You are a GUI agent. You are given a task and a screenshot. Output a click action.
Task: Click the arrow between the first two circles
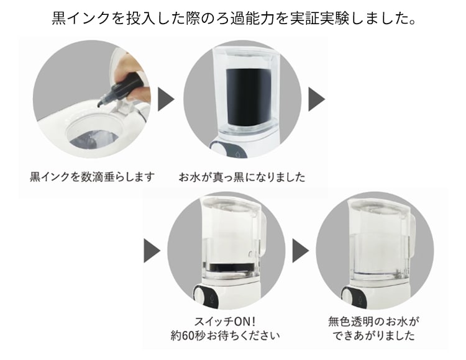click(166, 99)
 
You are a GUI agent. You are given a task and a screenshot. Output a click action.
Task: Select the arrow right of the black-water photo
click(316, 99)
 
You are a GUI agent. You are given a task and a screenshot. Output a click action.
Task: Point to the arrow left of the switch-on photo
click(152, 251)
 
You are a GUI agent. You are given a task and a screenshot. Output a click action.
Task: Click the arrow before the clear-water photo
click(301, 251)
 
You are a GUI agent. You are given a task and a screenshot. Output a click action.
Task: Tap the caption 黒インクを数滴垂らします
click(92, 177)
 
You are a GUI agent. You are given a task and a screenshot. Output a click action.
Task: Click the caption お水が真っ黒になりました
click(242, 177)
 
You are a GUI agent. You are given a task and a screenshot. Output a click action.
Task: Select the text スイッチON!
click(226, 322)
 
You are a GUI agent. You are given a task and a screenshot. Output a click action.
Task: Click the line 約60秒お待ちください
click(226, 335)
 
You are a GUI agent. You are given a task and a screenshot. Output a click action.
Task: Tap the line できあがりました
click(374, 335)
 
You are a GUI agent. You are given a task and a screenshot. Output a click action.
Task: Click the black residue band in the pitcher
click(228, 267)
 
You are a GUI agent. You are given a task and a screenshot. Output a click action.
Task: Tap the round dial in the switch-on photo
click(199, 294)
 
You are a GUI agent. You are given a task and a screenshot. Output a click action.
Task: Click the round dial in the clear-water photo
click(347, 294)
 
